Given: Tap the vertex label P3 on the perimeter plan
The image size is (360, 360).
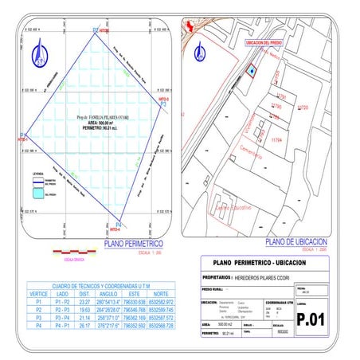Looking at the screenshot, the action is coord(162,104).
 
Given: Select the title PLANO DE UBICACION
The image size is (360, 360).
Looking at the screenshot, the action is coord(297,241).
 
